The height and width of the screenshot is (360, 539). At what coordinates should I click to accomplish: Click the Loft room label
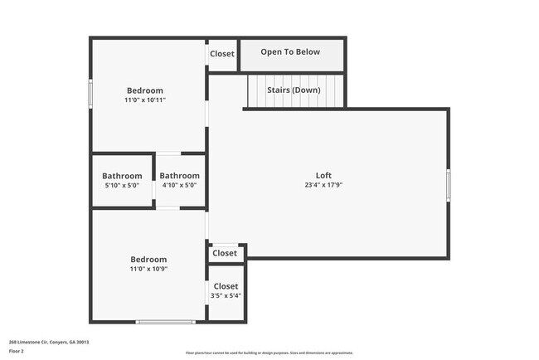pos(323,175)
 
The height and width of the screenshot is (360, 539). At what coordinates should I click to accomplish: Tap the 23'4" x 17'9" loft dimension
pos(323,185)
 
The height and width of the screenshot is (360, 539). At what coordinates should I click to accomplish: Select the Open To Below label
pos(290,52)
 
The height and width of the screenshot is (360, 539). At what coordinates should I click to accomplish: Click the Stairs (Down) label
pos(294,90)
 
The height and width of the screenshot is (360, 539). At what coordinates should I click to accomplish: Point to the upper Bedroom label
pos(145,90)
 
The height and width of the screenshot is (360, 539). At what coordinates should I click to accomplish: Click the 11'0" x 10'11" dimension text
pos(145,100)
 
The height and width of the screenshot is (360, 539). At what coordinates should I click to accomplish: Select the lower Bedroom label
pos(148,259)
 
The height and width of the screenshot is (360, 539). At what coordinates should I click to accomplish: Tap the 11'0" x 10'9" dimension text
pos(148,269)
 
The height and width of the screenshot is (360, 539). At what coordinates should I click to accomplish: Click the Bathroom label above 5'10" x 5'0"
pos(122,176)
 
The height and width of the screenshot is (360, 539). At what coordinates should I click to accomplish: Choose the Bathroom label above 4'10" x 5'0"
pos(180,176)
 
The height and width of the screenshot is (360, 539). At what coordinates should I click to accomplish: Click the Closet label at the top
pos(222,54)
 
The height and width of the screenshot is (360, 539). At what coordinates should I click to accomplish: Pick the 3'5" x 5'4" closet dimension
pos(226,296)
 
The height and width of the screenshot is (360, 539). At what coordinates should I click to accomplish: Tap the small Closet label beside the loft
pos(225,253)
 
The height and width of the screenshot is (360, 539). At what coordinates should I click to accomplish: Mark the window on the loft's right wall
pos(448,184)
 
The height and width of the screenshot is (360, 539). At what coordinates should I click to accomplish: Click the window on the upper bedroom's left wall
pos(90,92)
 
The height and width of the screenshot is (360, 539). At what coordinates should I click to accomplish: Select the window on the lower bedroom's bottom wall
pos(166,322)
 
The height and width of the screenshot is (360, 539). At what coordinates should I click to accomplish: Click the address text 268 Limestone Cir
pos(49,342)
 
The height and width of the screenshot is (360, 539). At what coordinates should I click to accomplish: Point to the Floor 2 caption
pos(17,351)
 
